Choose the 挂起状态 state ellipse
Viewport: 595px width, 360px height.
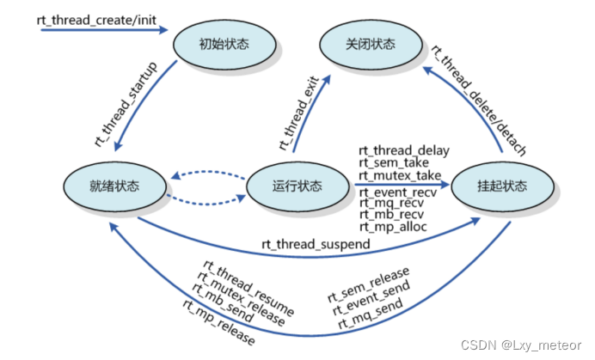pos(501,186)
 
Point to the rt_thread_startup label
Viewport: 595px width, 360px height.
pos(126,102)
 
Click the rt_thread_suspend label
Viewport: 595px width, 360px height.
pos(316,245)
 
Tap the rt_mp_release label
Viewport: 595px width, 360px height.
pos(218,322)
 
